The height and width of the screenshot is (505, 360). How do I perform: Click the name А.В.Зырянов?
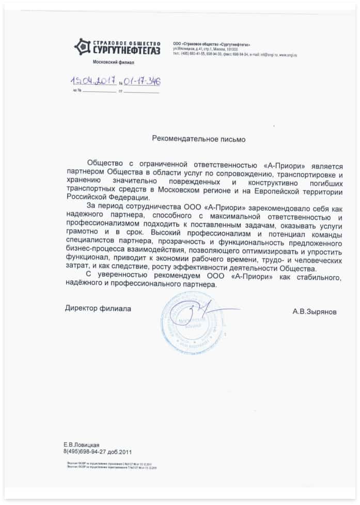coord(315,312)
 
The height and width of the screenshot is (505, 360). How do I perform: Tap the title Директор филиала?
coord(98,308)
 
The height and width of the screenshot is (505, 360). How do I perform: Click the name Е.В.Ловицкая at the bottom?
coord(81,445)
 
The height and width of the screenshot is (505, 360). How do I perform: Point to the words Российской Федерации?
coord(103,197)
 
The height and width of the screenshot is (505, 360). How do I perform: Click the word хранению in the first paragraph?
coord(84,181)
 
